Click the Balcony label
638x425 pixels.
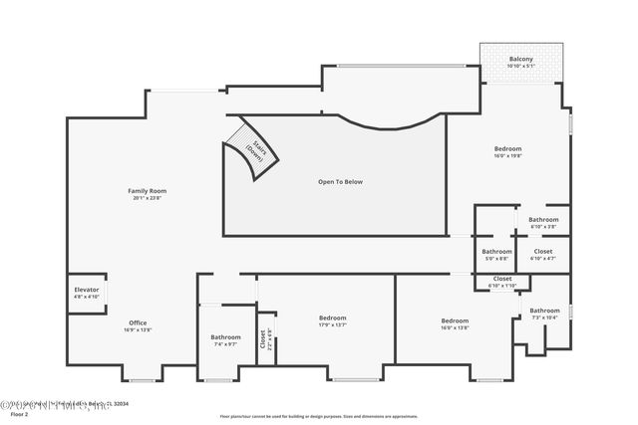(520, 59)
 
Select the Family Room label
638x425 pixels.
(147, 190)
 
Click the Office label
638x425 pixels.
(138, 322)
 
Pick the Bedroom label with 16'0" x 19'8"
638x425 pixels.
(507, 149)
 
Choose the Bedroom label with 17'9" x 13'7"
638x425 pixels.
(332, 318)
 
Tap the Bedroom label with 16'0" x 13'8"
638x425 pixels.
(455, 320)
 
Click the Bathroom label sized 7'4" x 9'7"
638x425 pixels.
(225, 337)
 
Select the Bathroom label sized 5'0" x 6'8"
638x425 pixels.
(496, 252)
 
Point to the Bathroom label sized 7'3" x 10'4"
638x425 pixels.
(544, 311)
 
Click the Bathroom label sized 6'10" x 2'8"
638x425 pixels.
(543, 219)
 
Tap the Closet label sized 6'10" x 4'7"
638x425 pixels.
(543, 252)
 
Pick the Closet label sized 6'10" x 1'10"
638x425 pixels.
(502, 279)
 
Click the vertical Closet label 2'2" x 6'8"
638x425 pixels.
(263, 338)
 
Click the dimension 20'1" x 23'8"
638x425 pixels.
(147, 198)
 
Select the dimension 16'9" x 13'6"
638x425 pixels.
(138, 329)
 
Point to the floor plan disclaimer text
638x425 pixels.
(320, 416)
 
